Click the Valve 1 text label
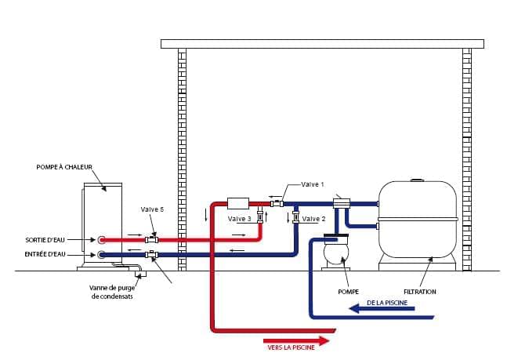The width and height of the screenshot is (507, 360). point(310,184)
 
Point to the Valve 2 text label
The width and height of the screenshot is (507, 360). point(313,219)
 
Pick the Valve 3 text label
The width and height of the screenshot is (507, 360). point(239,219)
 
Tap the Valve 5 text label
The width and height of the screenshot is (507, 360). point(152,209)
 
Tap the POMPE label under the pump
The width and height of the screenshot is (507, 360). point(349,292)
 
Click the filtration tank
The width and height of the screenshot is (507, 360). point(418,220)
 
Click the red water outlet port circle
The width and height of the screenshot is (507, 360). point(102,238)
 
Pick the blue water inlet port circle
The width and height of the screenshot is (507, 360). point(102,254)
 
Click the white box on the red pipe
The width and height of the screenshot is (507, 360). point(237,203)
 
